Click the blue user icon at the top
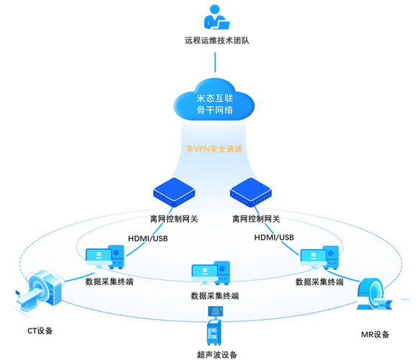[x=214, y=15]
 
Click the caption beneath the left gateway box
[x=173, y=217]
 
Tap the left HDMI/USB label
[x=148, y=238]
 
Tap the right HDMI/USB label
[x=275, y=238]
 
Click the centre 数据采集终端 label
[x=215, y=295]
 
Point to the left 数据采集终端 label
[x=109, y=282]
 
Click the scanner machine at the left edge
[x=36, y=291]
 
